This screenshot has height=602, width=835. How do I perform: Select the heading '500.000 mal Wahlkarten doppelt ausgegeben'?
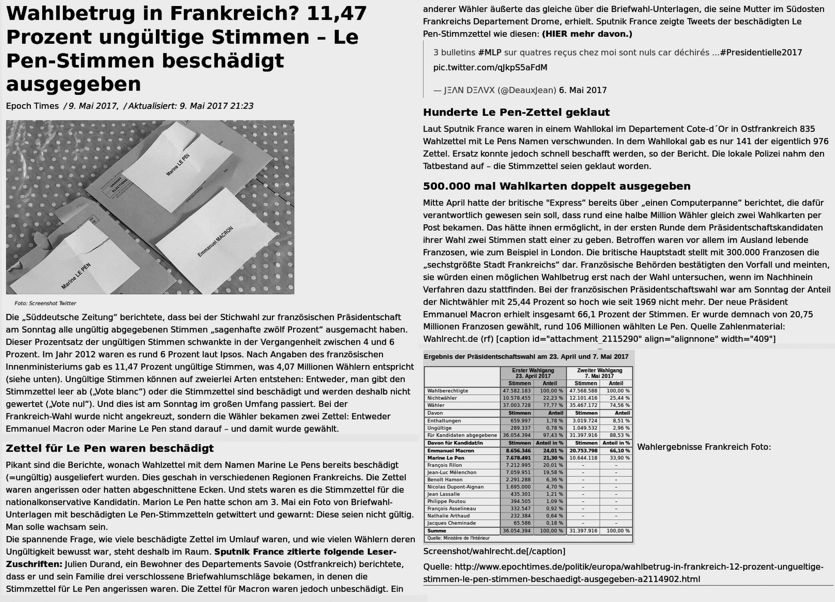tap(556, 186)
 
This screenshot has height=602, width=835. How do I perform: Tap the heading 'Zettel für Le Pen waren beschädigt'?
tap(109, 448)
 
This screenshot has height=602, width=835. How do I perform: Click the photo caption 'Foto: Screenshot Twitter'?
tap(45, 303)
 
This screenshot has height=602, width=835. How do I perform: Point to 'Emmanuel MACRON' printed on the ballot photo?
tap(215, 242)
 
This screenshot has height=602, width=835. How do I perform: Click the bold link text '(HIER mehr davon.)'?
tap(587, 34)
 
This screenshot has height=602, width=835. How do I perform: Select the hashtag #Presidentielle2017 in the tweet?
tap(761, 53)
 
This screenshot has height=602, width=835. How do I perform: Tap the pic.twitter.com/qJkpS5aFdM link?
tap(490, 68)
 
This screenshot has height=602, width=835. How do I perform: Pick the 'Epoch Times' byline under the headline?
tap(32, 106)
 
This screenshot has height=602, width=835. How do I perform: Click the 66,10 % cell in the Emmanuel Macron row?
tap(616, 450)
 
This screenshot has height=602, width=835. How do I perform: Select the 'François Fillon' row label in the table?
tap(444, 465)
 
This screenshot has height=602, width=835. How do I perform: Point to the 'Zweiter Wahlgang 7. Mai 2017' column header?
tap(599, 373)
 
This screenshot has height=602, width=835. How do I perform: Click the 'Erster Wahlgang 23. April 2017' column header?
tap(533, 373)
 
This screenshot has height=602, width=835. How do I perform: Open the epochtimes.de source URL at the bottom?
tap(623, 573)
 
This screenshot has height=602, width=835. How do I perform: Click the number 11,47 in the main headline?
tap(337, 13)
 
